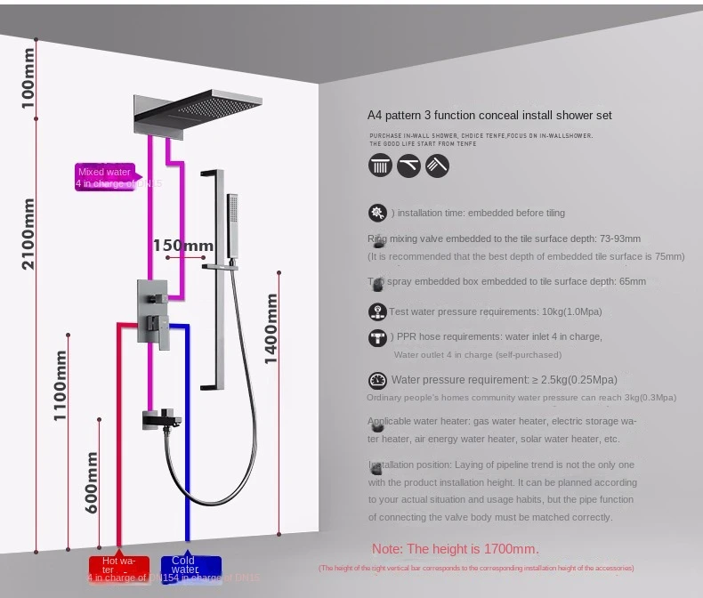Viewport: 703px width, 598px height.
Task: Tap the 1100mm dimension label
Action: tap(60, 384)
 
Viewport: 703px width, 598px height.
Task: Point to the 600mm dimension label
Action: tap(92, 481)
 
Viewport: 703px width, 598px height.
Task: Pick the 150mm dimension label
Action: tap(182, 246)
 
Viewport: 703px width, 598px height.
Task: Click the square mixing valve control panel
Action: tap(151, 311)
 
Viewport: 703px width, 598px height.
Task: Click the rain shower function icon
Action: tap(380, 166)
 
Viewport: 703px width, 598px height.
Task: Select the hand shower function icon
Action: tap(437, 166)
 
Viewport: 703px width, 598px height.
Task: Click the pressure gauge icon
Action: tap(377, 380)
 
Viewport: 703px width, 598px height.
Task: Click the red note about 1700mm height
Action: tap(455, 549)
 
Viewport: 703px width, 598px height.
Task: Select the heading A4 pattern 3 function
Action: tap(489, 116)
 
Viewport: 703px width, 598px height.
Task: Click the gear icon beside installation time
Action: tap(377, 213)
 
